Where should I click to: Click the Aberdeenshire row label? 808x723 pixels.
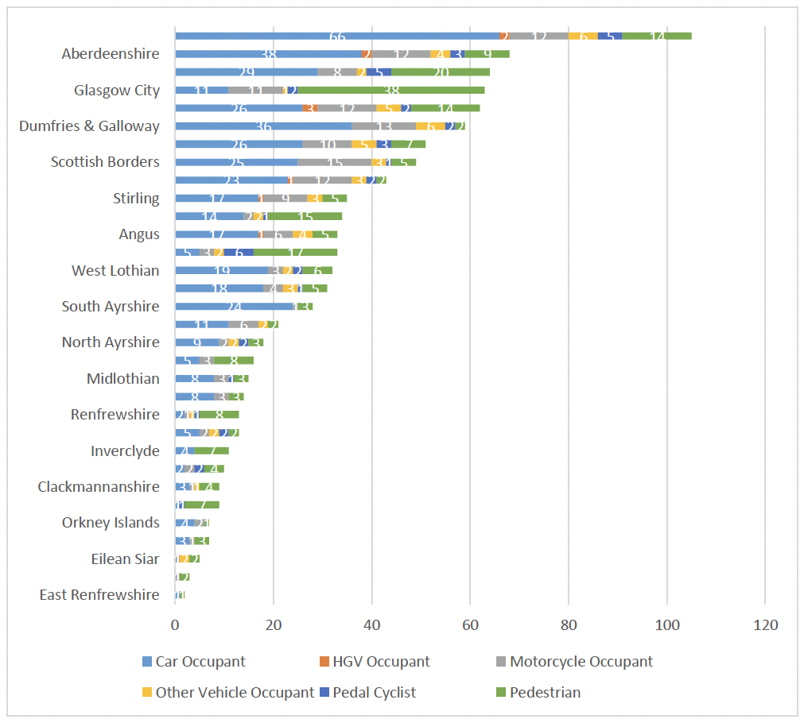(x=111, y=54)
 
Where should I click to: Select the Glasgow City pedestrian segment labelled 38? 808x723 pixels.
(x=391, y=91)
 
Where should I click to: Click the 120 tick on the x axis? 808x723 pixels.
(x=764, y=626)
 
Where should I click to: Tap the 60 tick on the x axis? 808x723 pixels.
(x=469, y=626)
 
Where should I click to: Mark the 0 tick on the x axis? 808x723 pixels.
(x=175, y=626)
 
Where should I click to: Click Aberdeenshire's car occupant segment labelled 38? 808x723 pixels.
(x=268, y=54)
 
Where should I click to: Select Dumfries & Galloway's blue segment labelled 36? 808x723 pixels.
(x=263, y=126)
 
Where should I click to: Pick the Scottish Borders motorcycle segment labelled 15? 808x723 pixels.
(x=335, y=162)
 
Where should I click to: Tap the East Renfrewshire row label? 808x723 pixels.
(x=99, y=595)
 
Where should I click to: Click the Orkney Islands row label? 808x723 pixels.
(x=111, y=523)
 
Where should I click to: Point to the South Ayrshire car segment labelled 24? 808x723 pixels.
(x=234, y=307)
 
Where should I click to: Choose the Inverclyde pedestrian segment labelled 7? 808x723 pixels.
(x=212, y=451)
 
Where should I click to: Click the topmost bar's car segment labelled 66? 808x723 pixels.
(x=337, y=36)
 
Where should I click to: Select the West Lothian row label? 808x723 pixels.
(x=115, y=271)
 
